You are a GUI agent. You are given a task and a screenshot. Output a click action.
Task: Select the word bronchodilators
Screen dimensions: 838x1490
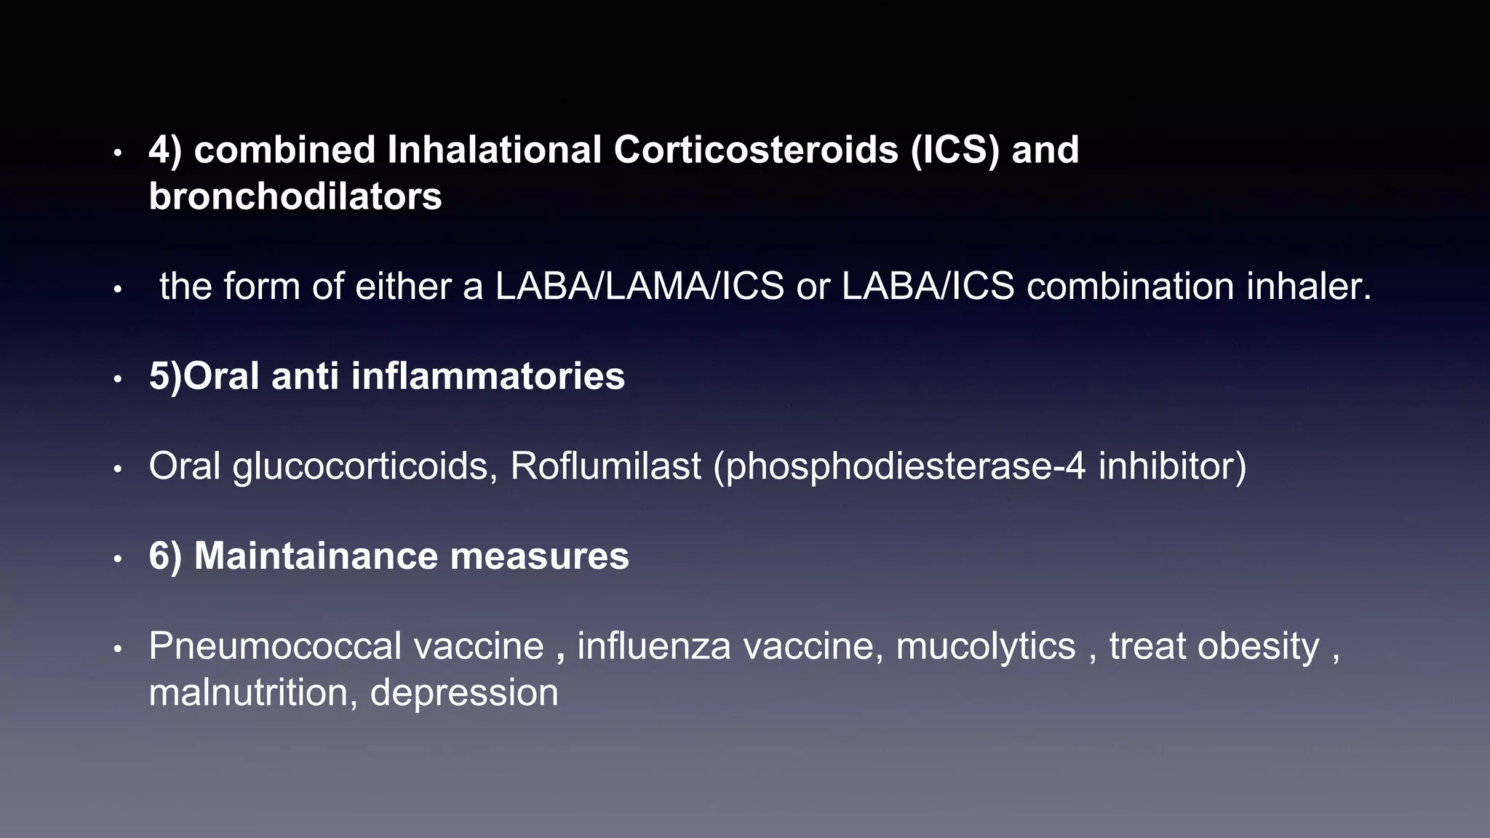pyautogui.click(x=295, y=196)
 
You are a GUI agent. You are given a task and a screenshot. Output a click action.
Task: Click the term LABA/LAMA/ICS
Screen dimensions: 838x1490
pyautogui.click(x=640, y=286)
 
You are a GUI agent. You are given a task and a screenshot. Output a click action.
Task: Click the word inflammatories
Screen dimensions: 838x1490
pyautogui.click(x=487, y=376)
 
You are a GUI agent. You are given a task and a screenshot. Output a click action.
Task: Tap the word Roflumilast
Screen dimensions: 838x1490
pyautogui.click(x=605, y=466)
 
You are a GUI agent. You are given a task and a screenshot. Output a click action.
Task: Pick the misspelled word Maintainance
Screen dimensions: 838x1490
pyautogui.click(x=316, y=556)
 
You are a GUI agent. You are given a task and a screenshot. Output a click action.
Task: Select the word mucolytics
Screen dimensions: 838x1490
pyautogui.click(x=985, y=646)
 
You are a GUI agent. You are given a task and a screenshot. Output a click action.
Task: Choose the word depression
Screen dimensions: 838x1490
pyautogui.click(x=464, y=693)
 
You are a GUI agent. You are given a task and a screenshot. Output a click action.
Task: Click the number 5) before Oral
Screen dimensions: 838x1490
pyautogui.click(x=165, y=376)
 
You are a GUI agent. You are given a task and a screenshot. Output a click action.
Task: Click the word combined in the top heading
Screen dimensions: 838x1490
pyautogui.click(x=284, y=150)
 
